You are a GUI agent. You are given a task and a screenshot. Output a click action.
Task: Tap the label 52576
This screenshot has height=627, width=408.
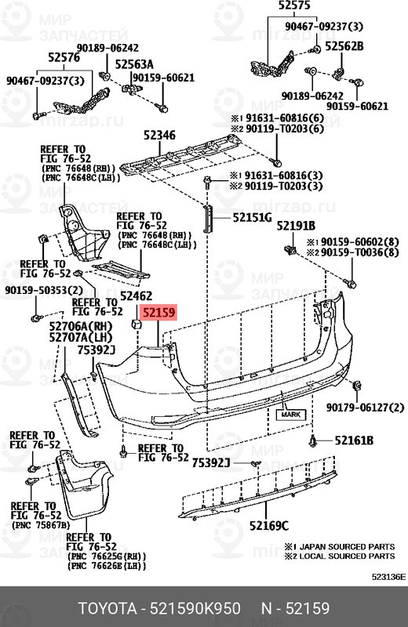(63, 56)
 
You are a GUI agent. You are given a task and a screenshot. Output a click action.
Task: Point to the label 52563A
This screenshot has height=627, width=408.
(134, 64)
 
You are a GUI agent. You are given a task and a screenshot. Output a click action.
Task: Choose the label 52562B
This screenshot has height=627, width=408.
(344, 46)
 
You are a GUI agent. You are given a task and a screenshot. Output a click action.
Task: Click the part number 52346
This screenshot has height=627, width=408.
(156, 135)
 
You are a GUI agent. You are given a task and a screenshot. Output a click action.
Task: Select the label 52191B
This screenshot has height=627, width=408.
(296, 226)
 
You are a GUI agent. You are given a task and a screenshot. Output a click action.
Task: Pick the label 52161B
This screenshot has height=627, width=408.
(353, 440)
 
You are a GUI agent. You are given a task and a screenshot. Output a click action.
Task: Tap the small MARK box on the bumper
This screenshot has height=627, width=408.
(291, 414)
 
